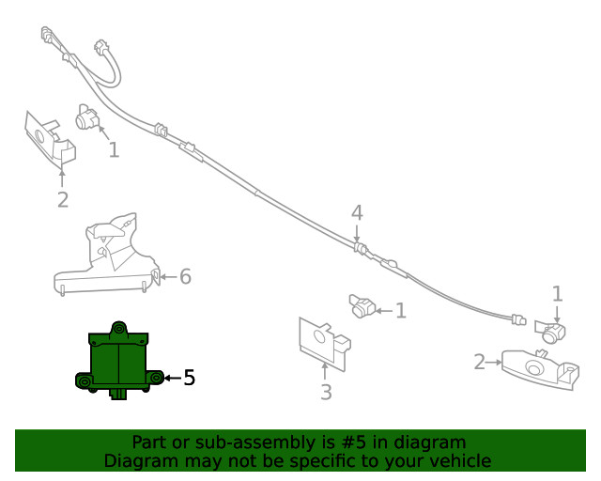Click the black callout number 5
pos(190,378)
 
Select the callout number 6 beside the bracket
pos(186,276)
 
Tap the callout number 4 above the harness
pos(357,213)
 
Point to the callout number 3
pos(326,392)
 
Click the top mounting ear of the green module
pos(119,329)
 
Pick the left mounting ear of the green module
pos(84,380)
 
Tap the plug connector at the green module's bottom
pos(119,394)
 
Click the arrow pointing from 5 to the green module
pos(173,378)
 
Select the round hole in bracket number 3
pos(319,336)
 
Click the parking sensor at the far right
pos(550,332)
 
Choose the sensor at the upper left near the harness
pos(87,117)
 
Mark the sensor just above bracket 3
pos(362,305)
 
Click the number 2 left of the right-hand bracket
pos(480,362)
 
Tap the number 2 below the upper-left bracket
pos(63,199)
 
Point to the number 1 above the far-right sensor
pos(557,293)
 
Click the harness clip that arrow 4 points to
pos(360,248)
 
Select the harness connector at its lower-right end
pos(518,319)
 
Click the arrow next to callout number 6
pos(169,276)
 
